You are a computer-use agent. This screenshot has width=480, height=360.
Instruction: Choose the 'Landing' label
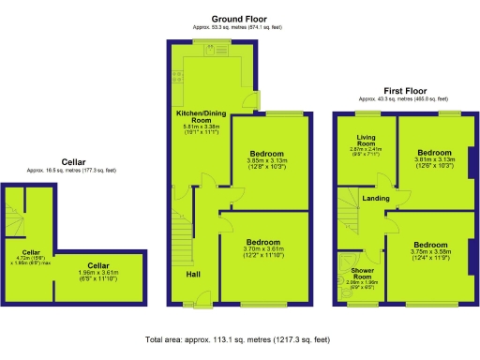pyautogui.click(x=377, y=199)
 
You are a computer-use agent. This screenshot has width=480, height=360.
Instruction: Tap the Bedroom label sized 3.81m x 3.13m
pyautogui.click(x=434, y=152)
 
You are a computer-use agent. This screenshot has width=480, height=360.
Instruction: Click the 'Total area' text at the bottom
pyautogui.click(x=238, y=339)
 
